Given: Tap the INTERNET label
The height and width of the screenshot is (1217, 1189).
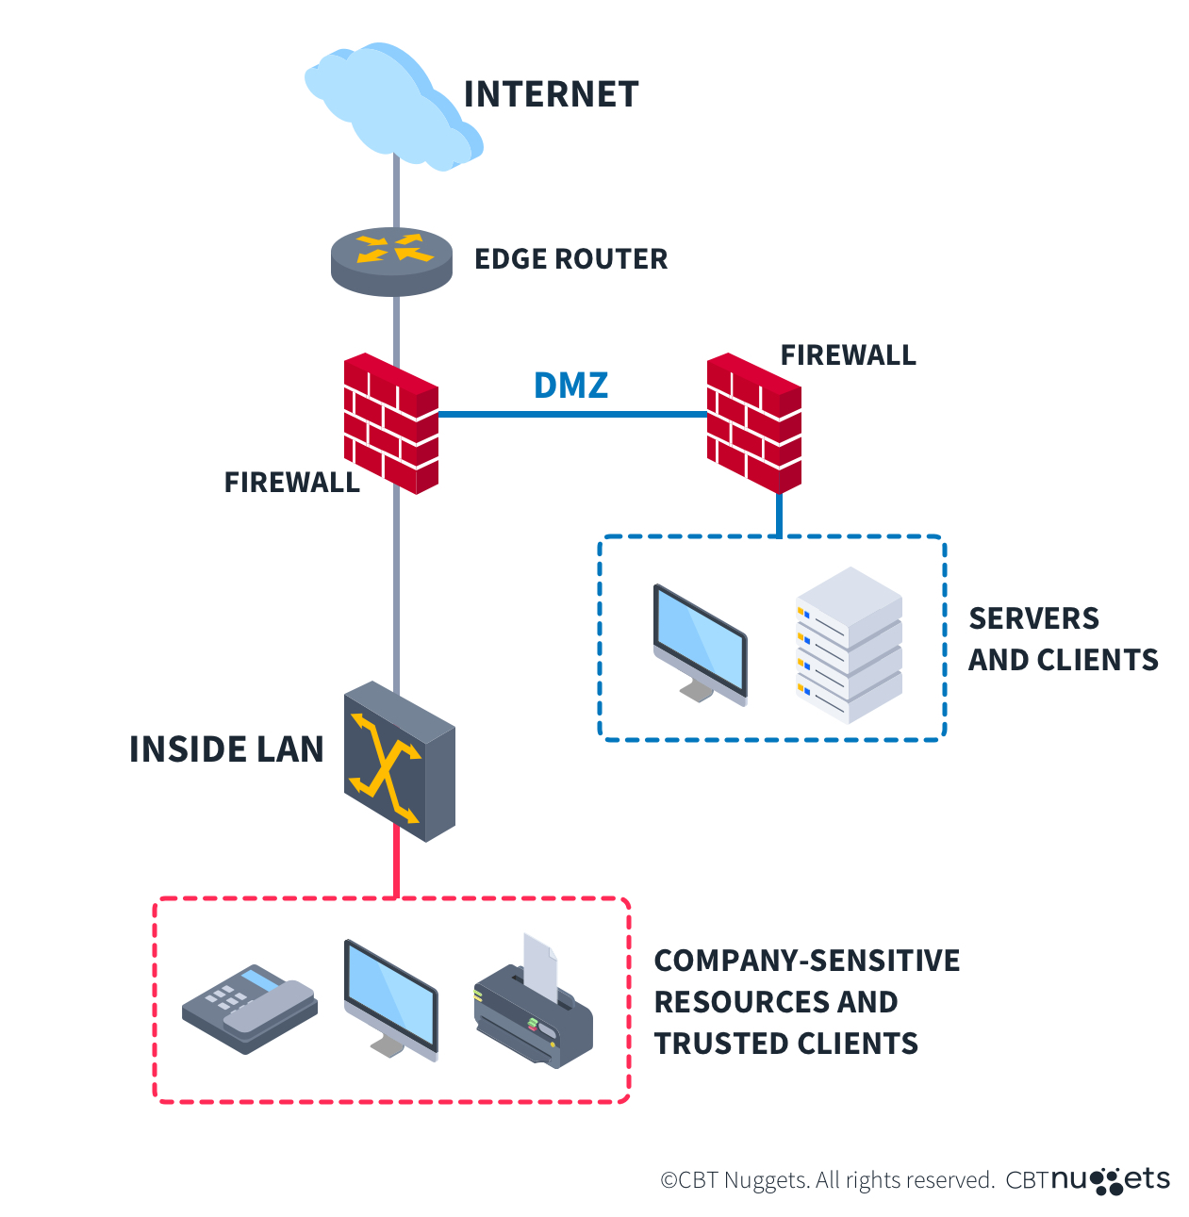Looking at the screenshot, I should (x=551, y=94).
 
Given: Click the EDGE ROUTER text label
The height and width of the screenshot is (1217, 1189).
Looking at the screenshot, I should (x=570, y=259).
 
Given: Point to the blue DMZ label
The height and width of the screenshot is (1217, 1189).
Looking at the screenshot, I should (x=570, y=385).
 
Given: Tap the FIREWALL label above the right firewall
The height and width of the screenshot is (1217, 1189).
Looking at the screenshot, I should (x=848, y=355).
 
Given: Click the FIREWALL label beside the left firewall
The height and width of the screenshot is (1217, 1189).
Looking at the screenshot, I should (x=291, y=483).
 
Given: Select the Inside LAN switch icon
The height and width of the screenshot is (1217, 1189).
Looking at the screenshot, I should (x=399, y=762).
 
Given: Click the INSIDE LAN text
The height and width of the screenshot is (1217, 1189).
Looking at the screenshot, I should (x=226, y=749).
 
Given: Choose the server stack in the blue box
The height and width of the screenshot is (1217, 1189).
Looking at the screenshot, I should (x=849, y=646).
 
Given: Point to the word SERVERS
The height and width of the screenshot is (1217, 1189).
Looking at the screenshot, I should (x=1033, y=618).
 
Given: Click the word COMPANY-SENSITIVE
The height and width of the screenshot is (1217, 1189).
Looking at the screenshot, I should (x=806, y=961).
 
